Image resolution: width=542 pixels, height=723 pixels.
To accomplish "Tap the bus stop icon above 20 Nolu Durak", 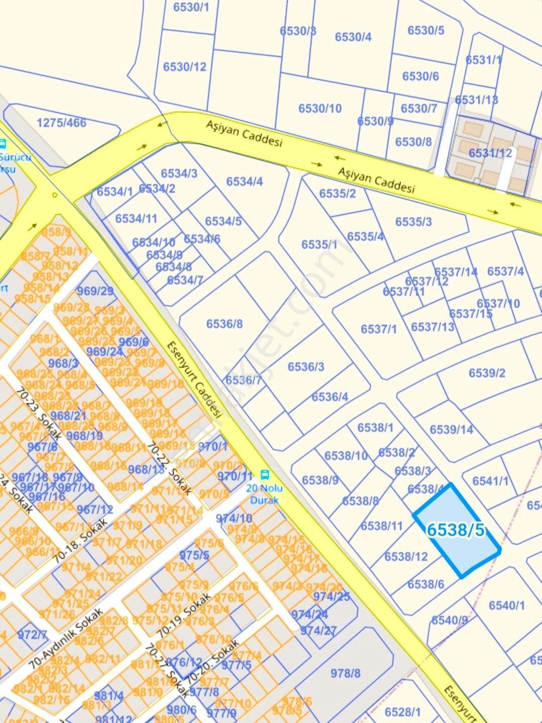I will coord(264,474).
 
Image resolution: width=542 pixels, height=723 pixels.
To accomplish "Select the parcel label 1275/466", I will coord(61,123).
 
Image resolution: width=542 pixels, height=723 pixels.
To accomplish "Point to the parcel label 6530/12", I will coord(184,67).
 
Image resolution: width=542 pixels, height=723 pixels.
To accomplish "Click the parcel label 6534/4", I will coord(244,181).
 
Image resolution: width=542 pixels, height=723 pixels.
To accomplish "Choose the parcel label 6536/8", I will coord(224,324).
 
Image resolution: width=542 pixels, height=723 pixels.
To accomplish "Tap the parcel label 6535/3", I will coord(413,222).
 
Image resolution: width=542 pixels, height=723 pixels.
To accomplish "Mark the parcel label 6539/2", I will coord(487,373).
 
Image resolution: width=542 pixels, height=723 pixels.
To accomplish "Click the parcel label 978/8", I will coord(345,673).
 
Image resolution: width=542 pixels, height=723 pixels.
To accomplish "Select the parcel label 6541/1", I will coord(490,481).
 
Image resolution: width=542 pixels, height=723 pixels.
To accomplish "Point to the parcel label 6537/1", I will coord(378,329).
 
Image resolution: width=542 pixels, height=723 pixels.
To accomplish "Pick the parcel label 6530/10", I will coord(320,108).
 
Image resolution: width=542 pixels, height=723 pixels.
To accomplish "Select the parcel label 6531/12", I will coord(490,153).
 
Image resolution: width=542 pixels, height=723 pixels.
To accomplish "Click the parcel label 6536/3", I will coord(306,367).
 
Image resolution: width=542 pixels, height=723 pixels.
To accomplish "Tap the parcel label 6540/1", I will coord(506,606).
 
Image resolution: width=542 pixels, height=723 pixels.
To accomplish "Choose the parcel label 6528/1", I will coord(402,712).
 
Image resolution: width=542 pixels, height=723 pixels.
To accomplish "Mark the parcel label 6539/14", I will coord(451,430).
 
